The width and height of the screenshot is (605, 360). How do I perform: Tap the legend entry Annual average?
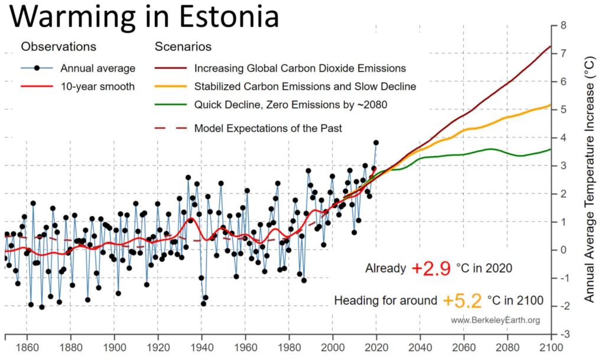click(98, 69)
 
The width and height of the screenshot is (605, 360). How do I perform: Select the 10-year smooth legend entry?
click(98, 86)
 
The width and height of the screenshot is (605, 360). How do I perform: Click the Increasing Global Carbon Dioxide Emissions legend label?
click(300, 69)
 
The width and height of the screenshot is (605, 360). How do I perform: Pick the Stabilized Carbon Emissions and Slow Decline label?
click(305, 86)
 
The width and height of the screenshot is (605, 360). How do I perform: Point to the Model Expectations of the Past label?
click(268, 128)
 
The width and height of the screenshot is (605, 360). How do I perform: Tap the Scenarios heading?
click(183, 47)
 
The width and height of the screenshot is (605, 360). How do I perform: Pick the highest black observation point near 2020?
click(376, 142)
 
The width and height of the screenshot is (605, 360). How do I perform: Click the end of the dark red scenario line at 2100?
click(550, 46)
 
